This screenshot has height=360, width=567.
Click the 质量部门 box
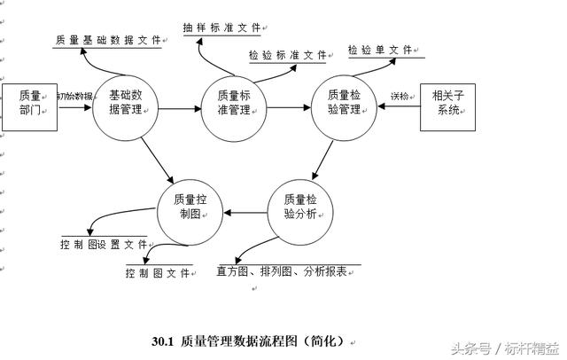click(x=30, y=106)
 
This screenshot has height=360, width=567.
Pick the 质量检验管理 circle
click(x=345, y=104)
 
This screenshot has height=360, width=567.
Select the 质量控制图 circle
click(x=191, y=211)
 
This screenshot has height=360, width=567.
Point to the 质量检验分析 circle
click(x=299, y=213)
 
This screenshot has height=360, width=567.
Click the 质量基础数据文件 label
click(x=107, y=40)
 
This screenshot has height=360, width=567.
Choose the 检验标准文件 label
click(x=288, y=55)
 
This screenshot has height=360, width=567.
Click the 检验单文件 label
click(x=379, y=50)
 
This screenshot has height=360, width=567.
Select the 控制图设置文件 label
click(x=104, y=244)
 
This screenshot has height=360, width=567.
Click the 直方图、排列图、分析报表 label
click(x=281, y=271)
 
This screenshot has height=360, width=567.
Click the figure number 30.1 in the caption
click(x=163, y=340)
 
